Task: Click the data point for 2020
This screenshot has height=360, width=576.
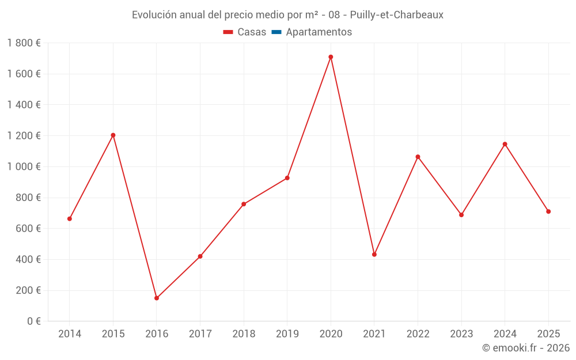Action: [331, 57]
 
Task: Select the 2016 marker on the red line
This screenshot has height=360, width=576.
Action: [157, 298]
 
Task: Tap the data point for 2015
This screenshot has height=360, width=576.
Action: [113, 135]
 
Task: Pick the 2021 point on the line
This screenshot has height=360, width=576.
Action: [374, 254]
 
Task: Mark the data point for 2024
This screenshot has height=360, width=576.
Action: [505, 144]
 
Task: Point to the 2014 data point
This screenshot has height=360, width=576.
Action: [70, 219]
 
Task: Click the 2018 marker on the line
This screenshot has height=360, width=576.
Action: [244, 204]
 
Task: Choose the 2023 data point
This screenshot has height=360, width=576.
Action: [461, 215]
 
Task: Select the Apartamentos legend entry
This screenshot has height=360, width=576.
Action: [319, 32]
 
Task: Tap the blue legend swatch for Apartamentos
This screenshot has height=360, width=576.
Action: [276, 32]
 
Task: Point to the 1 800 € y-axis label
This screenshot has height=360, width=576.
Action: [24, 43]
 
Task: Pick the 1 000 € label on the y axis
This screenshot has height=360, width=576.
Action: [24, 166]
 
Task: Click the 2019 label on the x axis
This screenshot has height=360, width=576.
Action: [287, 334]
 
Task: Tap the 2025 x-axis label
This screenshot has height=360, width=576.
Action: [548, 334]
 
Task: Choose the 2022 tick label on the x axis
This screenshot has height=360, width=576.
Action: [418, 334]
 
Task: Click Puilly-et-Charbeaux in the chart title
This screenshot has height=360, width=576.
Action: [397, 15]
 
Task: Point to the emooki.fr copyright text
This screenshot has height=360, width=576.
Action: [526, 348]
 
